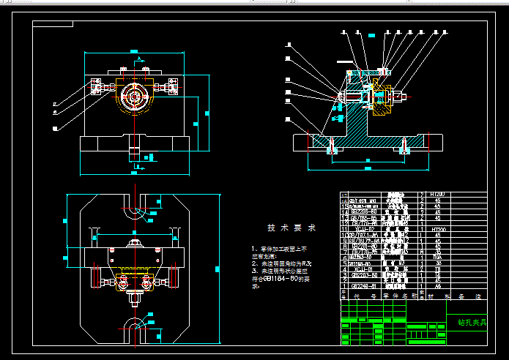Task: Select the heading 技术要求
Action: [x=291, y=228]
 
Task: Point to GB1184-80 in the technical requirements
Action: [x=277, y=279]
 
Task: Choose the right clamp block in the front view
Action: [x=174, y=86]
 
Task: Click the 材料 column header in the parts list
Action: [x=438, y=296]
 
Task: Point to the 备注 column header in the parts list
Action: [x=469, y=296]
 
